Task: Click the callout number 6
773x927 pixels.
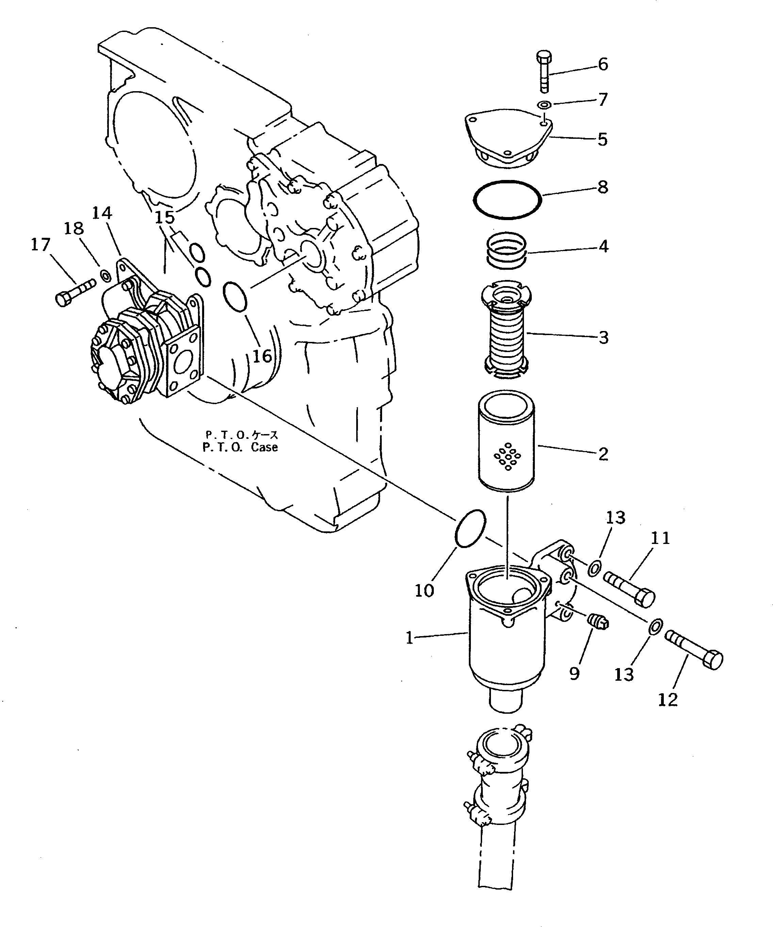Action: click(x=603, y=64)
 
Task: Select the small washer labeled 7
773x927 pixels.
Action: click(x=544, y=105)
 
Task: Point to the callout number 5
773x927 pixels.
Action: click(x=603, y=139)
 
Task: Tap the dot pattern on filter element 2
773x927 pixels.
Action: click(x=507, y=457)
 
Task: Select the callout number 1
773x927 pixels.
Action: click(x=410, y=638)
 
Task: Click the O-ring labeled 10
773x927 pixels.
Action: click(x=470, y=529)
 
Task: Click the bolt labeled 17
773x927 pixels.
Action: click(x=75, y=291)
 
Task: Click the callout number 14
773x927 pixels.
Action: click(x=102, y=214)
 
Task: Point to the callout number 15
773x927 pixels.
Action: click(x=165, y=217)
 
